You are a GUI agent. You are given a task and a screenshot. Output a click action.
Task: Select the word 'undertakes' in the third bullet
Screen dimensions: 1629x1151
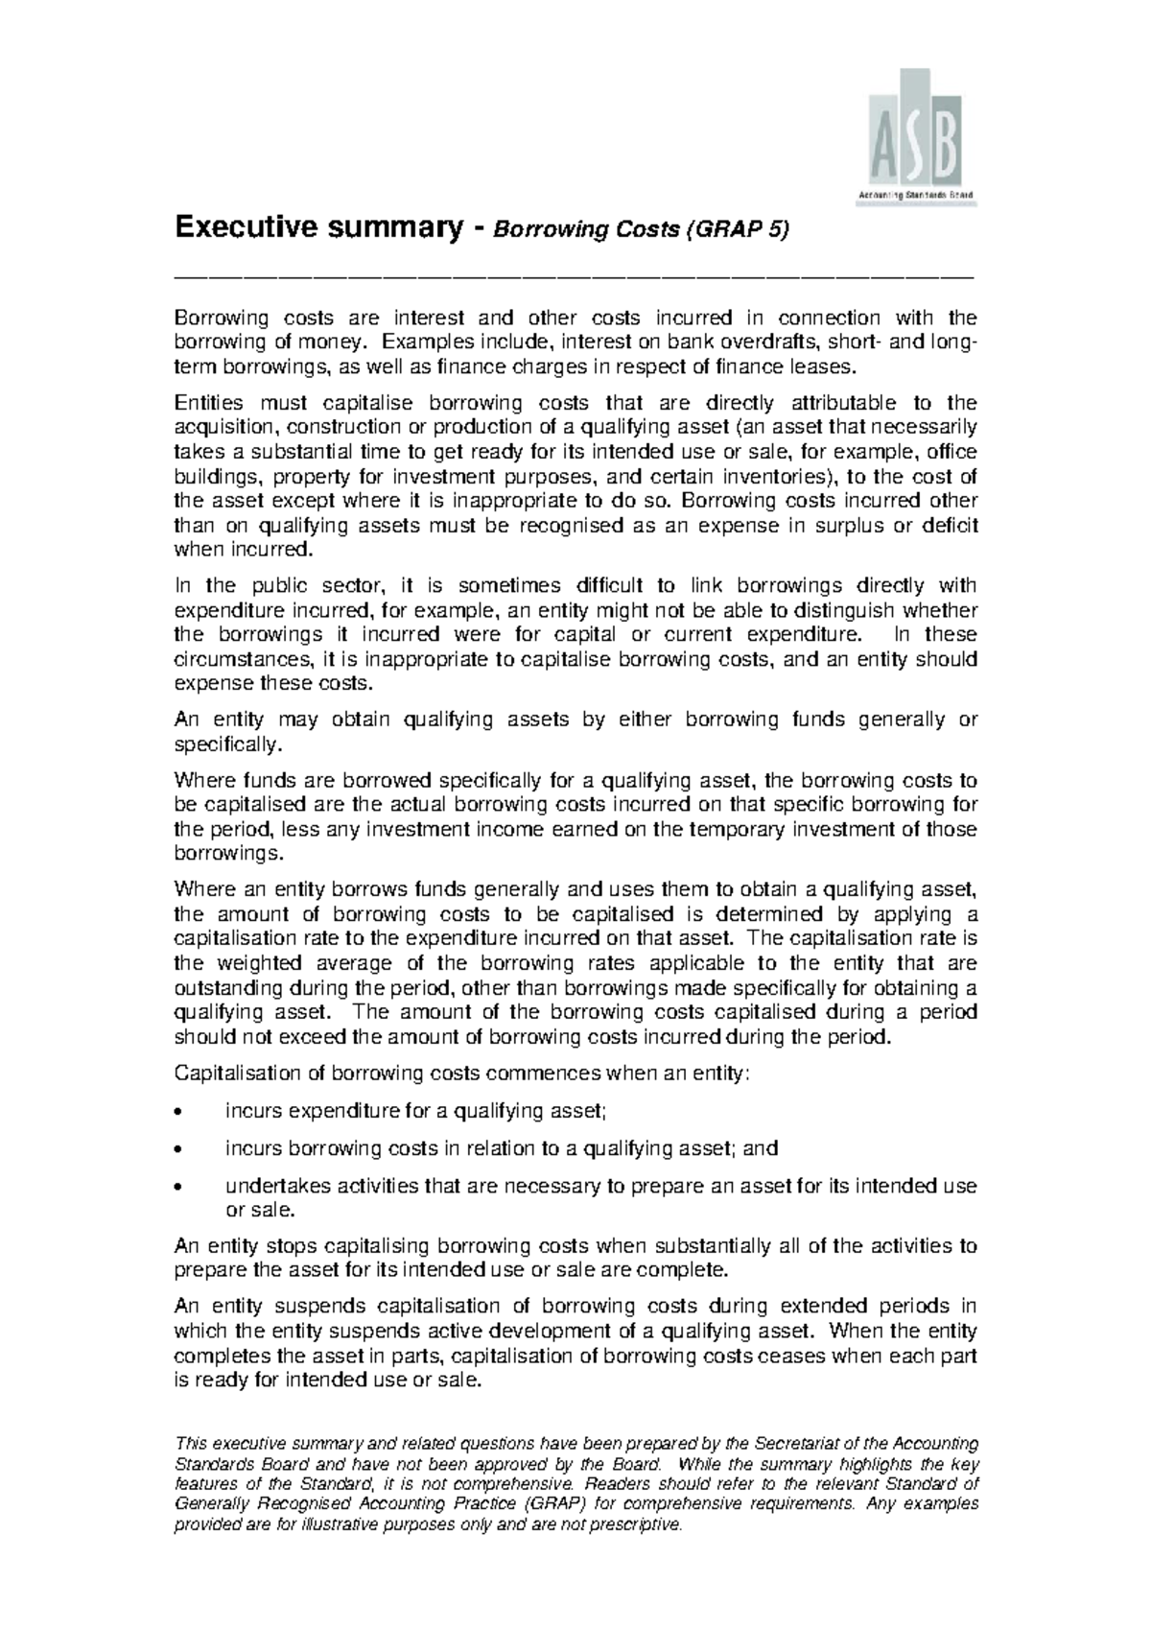pos(270,1187)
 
